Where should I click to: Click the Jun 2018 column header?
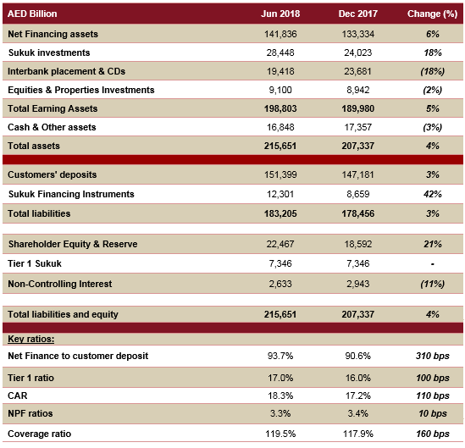(x=280, y=14)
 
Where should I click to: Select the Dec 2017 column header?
(x=358, y=14)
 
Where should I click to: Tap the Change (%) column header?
(x=432, y=14)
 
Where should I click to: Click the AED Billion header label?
(x=32, y=14)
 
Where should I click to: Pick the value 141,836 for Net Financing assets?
(x=280, y=34)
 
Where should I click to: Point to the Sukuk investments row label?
(x=49, y=53)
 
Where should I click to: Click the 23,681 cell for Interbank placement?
(x=357, y=71)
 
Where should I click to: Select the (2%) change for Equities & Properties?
(x=432, y=90)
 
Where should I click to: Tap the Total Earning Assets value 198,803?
(x=280, y=108)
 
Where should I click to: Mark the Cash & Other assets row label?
(x=52, y=127)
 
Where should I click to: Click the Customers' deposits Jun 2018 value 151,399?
(x=280, y=174)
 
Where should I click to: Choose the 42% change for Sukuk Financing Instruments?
(x=432, y=194)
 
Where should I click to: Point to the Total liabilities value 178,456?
(x=358, y=213)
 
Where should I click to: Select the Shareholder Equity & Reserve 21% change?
(x=432, y=244)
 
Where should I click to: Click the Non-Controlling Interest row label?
(x=60, y=284)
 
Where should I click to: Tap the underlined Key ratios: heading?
(x=31, y=340)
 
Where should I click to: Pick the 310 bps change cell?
(x=432, y=356)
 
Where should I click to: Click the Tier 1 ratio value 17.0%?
(x=280, y=378)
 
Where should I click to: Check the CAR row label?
(x=18, y=395)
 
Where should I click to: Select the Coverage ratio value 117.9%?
(x=358, y=434)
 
